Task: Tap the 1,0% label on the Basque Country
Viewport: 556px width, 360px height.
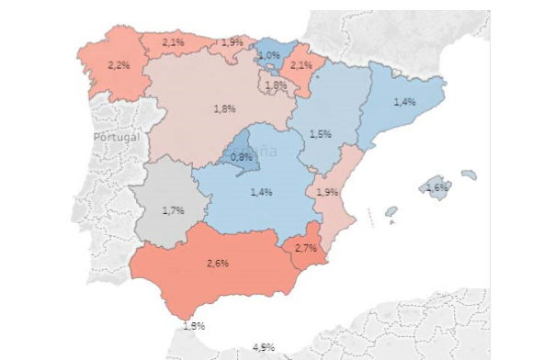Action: pyautogui.click(x=268, y=56)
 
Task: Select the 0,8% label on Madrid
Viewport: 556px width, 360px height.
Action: pyautogui.click(x=241, y=157)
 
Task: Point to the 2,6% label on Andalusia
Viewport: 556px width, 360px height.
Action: pyautogui.click(x=218, y=264)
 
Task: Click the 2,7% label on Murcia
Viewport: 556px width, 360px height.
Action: pyautogui.click(x=306, y=248)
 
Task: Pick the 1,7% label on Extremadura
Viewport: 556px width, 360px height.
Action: pyautogui.click(x=173, y=210)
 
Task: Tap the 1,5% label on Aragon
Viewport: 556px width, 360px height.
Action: pyautogui.click(x=320, y=134)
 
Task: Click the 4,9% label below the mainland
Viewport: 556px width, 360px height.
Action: pyautogui.click(x=264, y=346)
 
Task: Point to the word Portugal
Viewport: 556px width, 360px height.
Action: pyautogui.click(x=117, y=137)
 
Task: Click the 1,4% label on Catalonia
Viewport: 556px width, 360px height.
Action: pyautogui.click(x=405, y=102)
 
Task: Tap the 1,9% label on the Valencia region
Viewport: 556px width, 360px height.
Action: pyautogui.click(x=327, y=193)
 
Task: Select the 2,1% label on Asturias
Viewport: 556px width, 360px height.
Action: pyautogui.click(x=173, y=42)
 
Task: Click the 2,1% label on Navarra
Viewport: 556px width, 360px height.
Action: pyautogui.click(x=301, y=65)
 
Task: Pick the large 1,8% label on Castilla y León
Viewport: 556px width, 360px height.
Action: pyautogui.click(x=224, y=109)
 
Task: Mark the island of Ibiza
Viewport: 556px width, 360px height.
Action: pyautogui.click(x=391, y=211)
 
